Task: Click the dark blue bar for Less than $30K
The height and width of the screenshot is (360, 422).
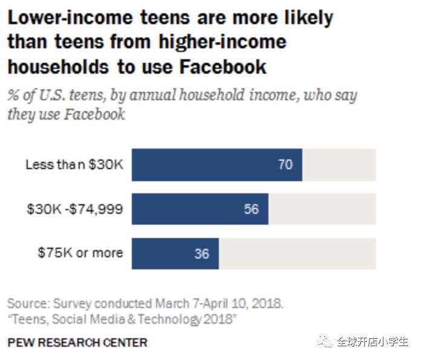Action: pos(216,164)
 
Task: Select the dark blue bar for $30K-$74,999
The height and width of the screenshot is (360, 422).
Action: pos(200,209)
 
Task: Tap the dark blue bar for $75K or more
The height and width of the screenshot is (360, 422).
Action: pos(175,254)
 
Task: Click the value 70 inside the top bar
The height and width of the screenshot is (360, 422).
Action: pos(285,164)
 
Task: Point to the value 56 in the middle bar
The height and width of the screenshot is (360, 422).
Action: pos(252,209)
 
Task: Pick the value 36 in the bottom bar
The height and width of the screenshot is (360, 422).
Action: pos(201,254)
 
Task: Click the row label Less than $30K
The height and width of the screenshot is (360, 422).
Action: pos(74,164)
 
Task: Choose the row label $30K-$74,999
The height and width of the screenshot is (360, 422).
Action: pos(74,209)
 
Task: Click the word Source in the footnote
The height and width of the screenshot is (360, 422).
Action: pos(28,303)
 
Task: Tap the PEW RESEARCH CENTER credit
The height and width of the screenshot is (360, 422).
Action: pos(77,342)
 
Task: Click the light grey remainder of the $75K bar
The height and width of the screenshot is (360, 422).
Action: pos(297,254)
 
